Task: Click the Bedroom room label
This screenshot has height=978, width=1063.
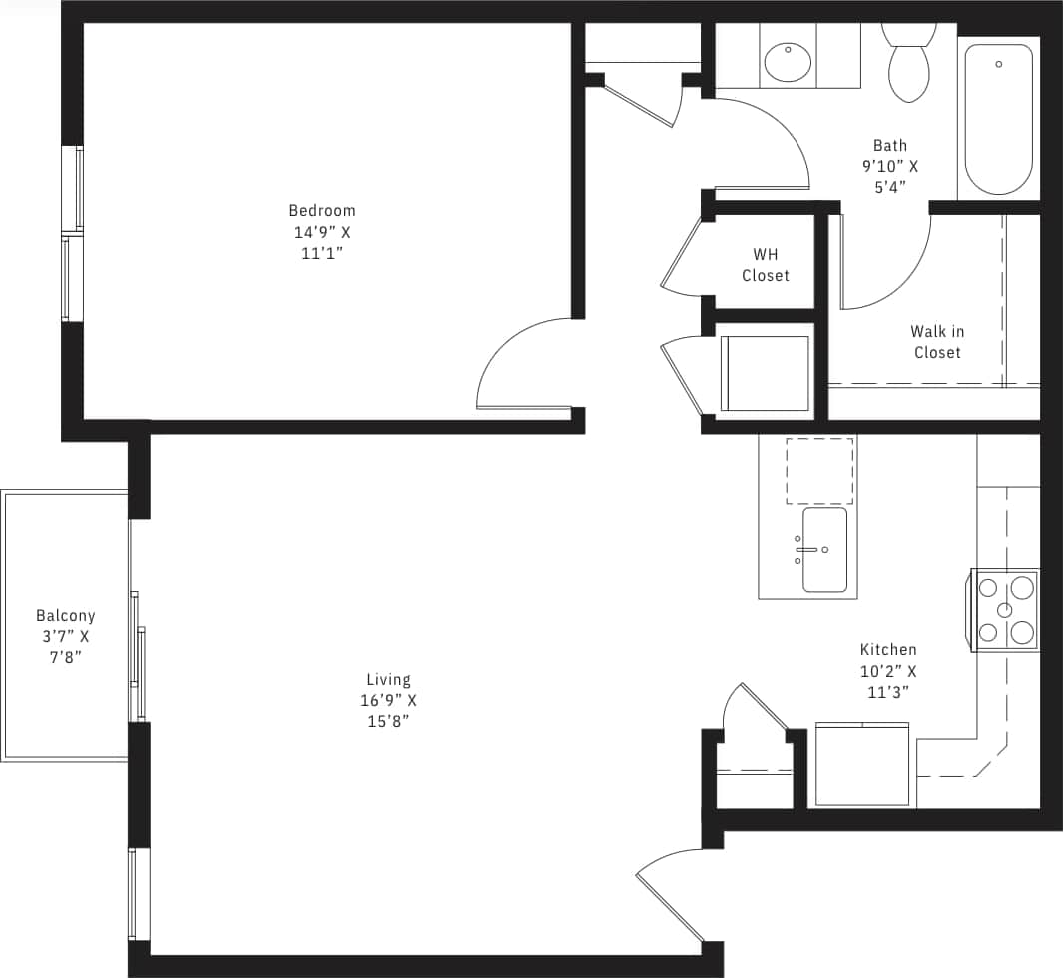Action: [322, 210]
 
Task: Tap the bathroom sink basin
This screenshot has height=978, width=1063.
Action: [789, 61]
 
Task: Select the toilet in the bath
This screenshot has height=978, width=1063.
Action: [907, 64]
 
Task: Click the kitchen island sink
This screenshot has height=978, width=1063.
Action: [824, 550]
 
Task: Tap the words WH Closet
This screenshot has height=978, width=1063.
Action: [766, 265]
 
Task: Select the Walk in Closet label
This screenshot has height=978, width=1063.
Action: [937, 342]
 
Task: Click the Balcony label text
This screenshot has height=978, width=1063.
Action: [65, 616]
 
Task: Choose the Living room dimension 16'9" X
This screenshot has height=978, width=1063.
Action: [389, 701]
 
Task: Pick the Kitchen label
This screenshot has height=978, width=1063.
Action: [888, 650]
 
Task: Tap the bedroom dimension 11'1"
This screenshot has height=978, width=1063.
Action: [322, 253]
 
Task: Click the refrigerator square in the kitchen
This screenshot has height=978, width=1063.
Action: [862, 764]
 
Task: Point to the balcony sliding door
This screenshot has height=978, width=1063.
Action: [138, 655]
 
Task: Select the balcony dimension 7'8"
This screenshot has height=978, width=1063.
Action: [65, 657]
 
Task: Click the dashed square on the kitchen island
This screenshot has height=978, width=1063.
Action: [819, 470]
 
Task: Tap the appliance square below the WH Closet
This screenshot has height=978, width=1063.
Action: [765, 373]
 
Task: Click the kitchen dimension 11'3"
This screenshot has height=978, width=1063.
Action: [888, 692]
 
